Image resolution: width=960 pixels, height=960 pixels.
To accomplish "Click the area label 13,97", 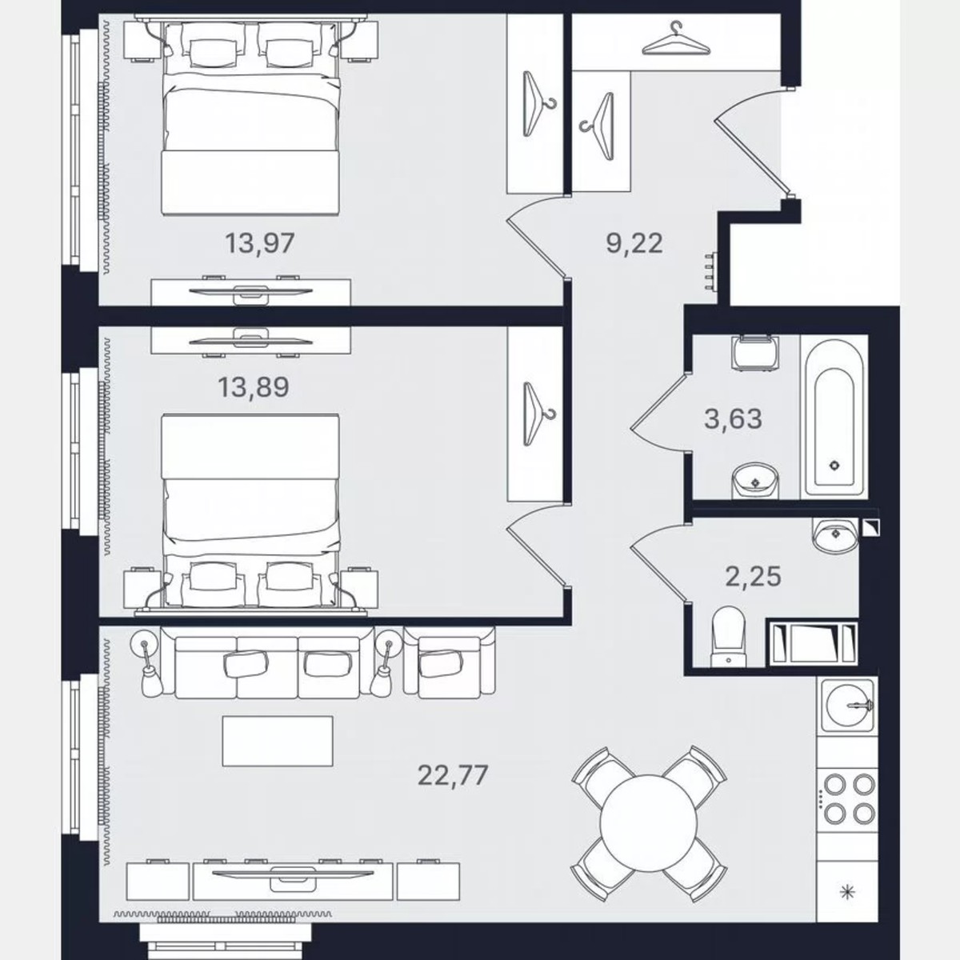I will [260, 242].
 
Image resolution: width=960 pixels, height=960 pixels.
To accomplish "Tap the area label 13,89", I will [254, 387].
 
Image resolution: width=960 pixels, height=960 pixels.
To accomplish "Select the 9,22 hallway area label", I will [634, 242].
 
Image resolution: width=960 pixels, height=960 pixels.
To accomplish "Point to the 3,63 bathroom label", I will [733, 418].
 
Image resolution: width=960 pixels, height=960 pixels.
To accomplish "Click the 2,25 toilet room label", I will [753, 575].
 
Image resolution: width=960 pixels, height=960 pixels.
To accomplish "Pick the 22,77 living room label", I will [453, 774].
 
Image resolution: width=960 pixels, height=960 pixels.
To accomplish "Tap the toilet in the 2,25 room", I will [728, 636].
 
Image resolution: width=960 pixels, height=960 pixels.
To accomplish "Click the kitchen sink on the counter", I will [848, 706].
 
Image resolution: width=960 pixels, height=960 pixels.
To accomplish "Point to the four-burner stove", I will [848, 798].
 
